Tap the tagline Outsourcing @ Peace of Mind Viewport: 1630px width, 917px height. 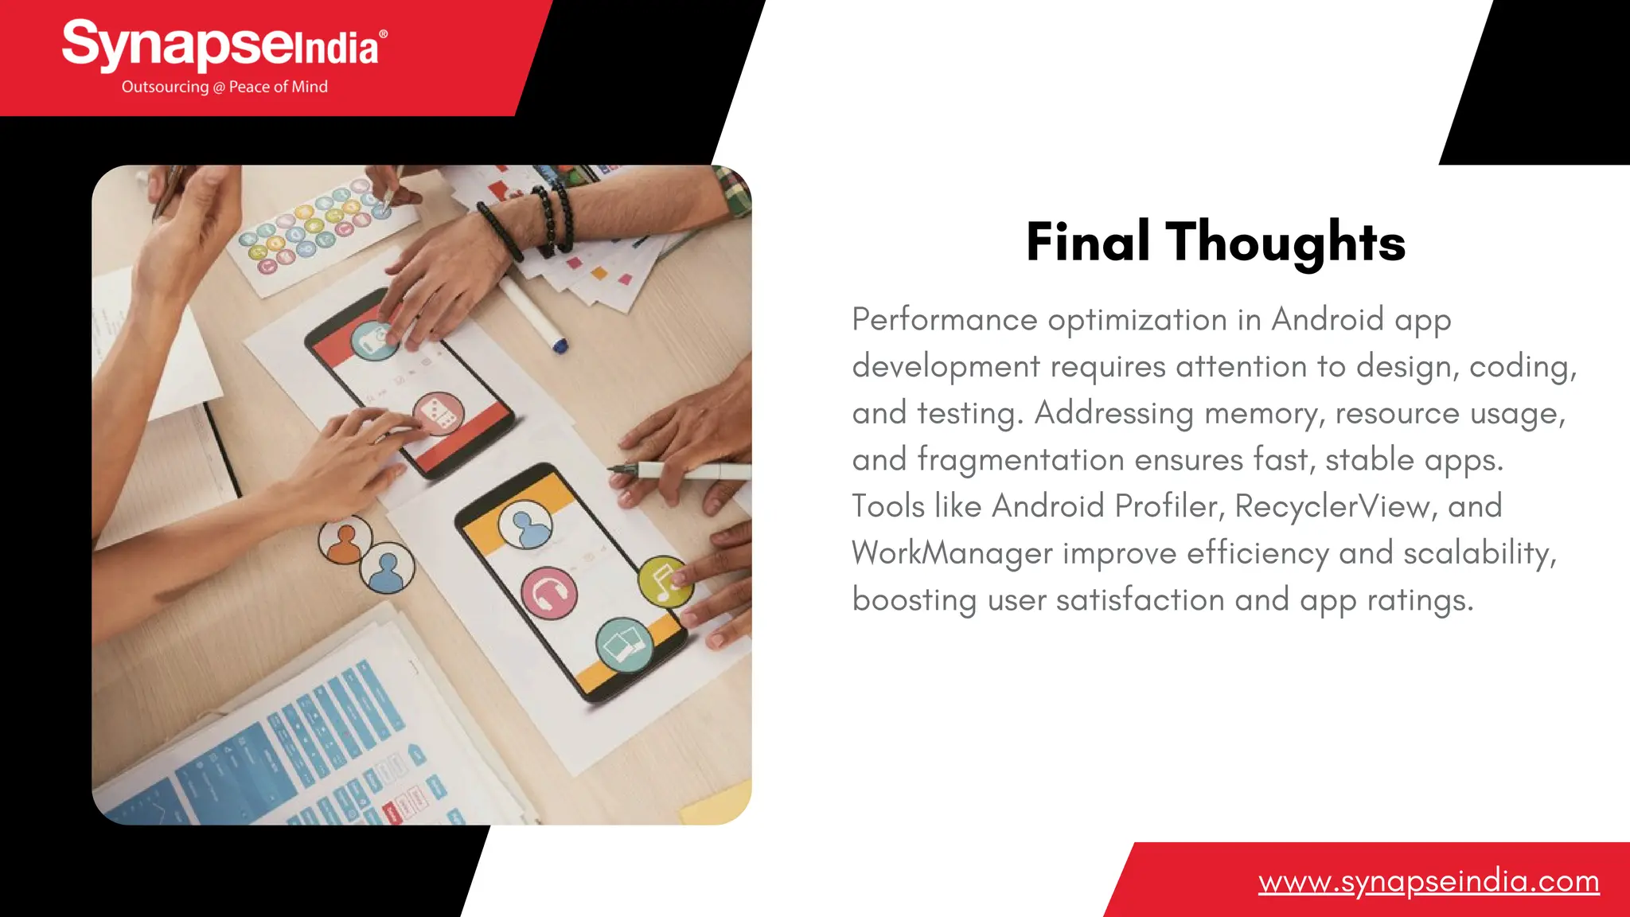click(224, 87)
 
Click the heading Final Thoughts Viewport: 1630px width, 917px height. click(1215, 242)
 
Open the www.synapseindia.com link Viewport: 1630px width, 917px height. click(1429, 882)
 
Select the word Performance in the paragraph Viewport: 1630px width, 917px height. click(945, 320)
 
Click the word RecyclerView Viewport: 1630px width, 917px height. click(1332, 506)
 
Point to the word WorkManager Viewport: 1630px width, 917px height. click(952, 553)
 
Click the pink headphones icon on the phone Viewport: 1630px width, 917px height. click(549, 594)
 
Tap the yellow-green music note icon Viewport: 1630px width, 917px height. click(664, 580)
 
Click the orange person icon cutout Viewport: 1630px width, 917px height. click(345, 540)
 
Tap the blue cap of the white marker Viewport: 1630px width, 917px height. click(560, 345)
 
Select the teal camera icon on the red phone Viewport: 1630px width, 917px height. click(374, 340)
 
